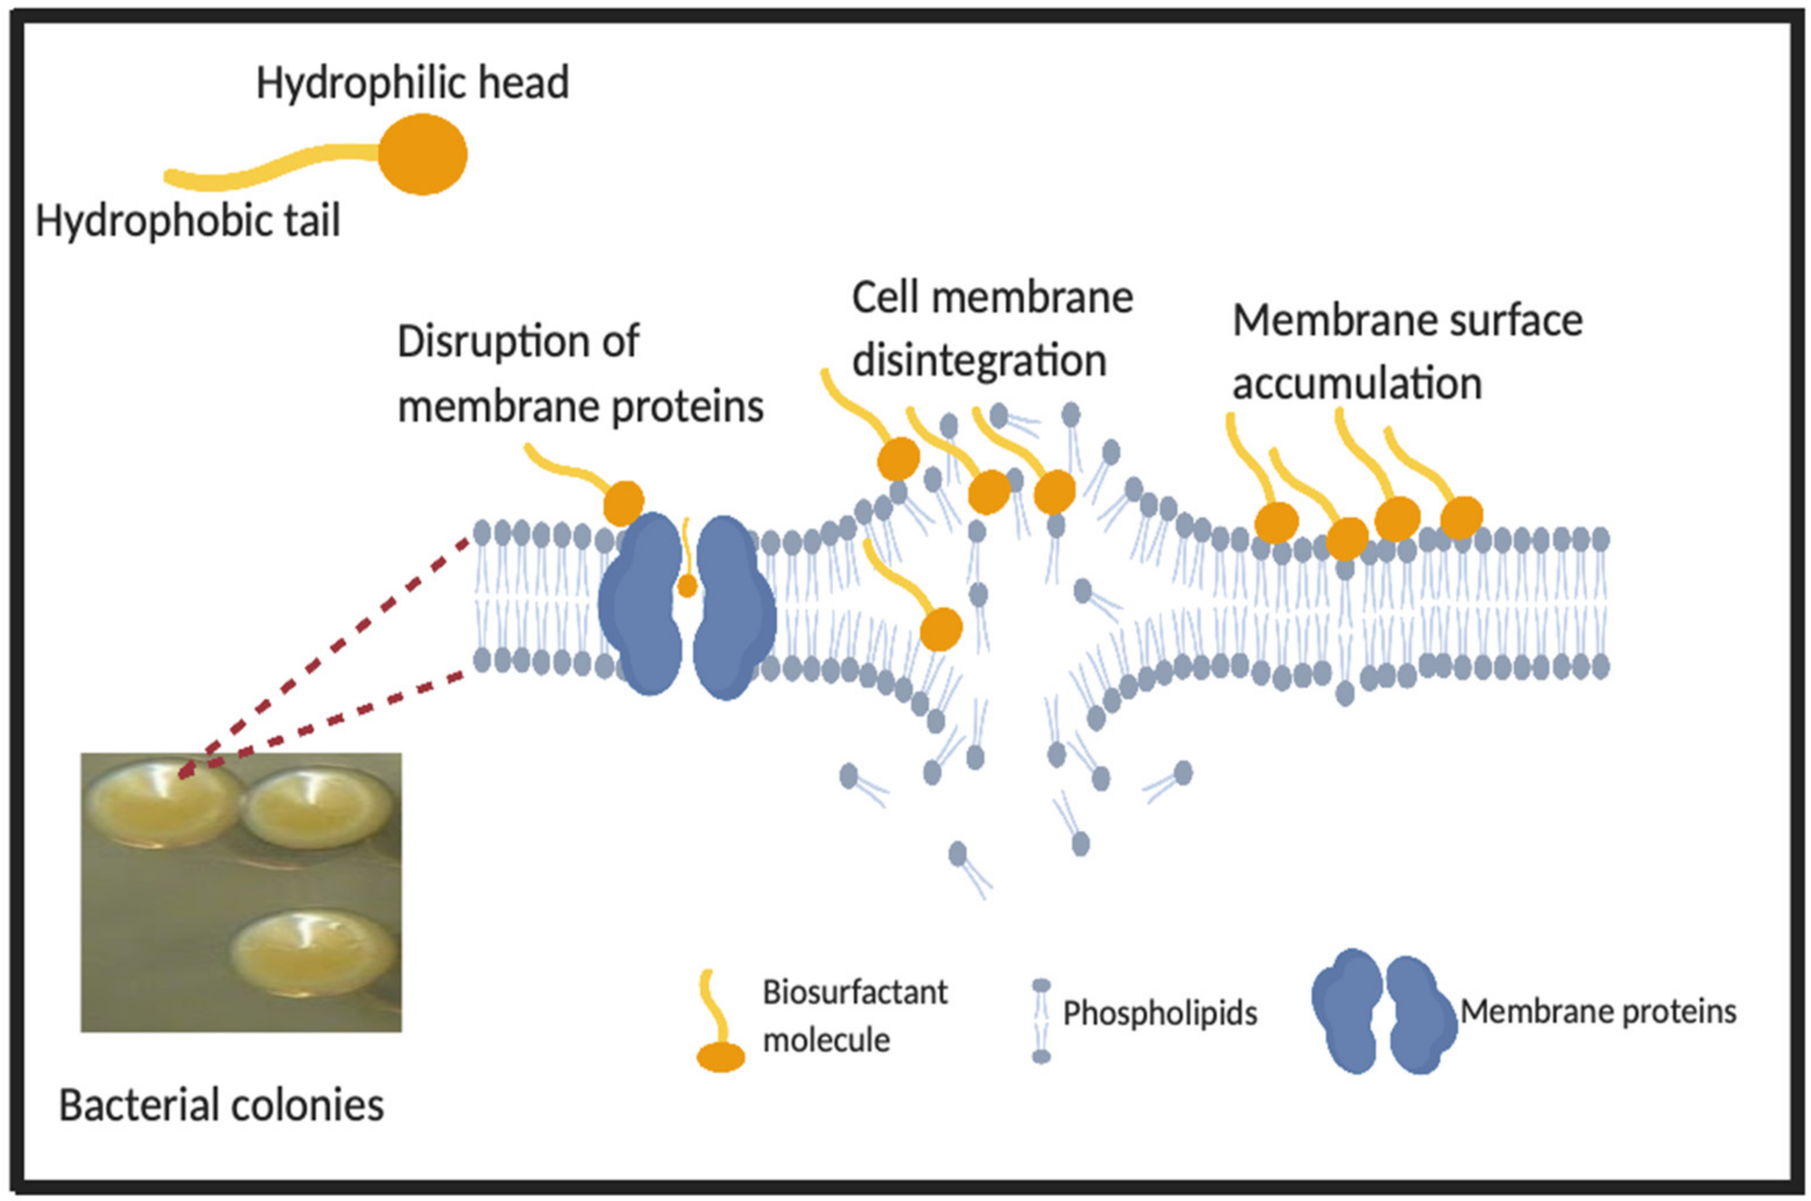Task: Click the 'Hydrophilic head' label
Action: pyautogui.click(x=412, y=83)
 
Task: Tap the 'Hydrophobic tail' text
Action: pyautogui.click(x=188, y=221)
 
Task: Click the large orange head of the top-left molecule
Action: pyautogui.click(x=422, y=154)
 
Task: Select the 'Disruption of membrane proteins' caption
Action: pyautogui.click(x=580, y=374)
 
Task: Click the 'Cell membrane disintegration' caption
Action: pyautogui.click(x=991, y=329)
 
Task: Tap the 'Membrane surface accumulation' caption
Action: pyautogui.click(x=1406, y=352)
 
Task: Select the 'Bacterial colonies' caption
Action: pyautogui.click(x=221, y=1106)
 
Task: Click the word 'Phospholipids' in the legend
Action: pyautogui.click(x=1159, y=1014)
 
